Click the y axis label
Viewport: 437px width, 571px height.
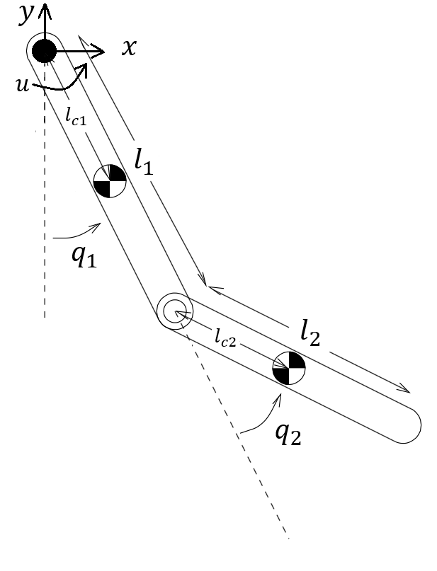coord(26,12)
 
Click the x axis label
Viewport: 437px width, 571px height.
coord(128,48)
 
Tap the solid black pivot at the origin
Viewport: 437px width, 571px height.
coord(45,50)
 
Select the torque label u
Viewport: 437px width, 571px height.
coord(23,84)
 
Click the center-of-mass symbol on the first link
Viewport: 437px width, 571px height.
coord(110,180)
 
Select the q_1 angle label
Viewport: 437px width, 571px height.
coord(83,255)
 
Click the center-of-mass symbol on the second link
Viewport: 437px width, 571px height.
coord(289,368)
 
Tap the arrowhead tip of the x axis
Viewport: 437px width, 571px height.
coord(104,51)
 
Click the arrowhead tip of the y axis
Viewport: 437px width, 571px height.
coord(45,6)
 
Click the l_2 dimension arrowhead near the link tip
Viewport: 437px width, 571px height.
coord(407,389)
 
